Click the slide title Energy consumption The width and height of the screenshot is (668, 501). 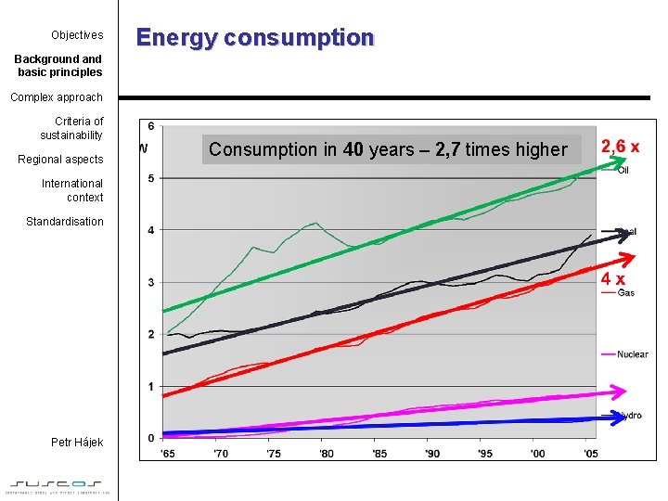click(x=255, y=38)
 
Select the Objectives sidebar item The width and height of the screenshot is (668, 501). click(x=77, y=35)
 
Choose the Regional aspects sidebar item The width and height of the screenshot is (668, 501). click(x=60, y=160)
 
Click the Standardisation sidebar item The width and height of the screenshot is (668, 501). click(x=64, y=222)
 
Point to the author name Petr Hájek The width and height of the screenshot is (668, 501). click(x=77, y=443)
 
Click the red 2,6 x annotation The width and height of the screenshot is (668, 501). click(x=620, y=147)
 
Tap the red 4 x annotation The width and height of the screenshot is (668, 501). click(x=612, y=278)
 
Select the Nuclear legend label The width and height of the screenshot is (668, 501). click(x=632, y=354)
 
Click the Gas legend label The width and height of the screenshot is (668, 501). click(x=626, y=293)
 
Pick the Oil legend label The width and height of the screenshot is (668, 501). click(x=623, y=170)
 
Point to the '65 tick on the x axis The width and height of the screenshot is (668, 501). click(x=168, y=453)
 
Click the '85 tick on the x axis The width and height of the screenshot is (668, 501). click(x=379, y=453)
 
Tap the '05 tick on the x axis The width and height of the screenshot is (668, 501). click(x=590, y=453)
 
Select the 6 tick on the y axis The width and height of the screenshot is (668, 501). click(x=151, y=126)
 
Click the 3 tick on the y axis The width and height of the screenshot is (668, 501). click(x=151, y=282)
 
